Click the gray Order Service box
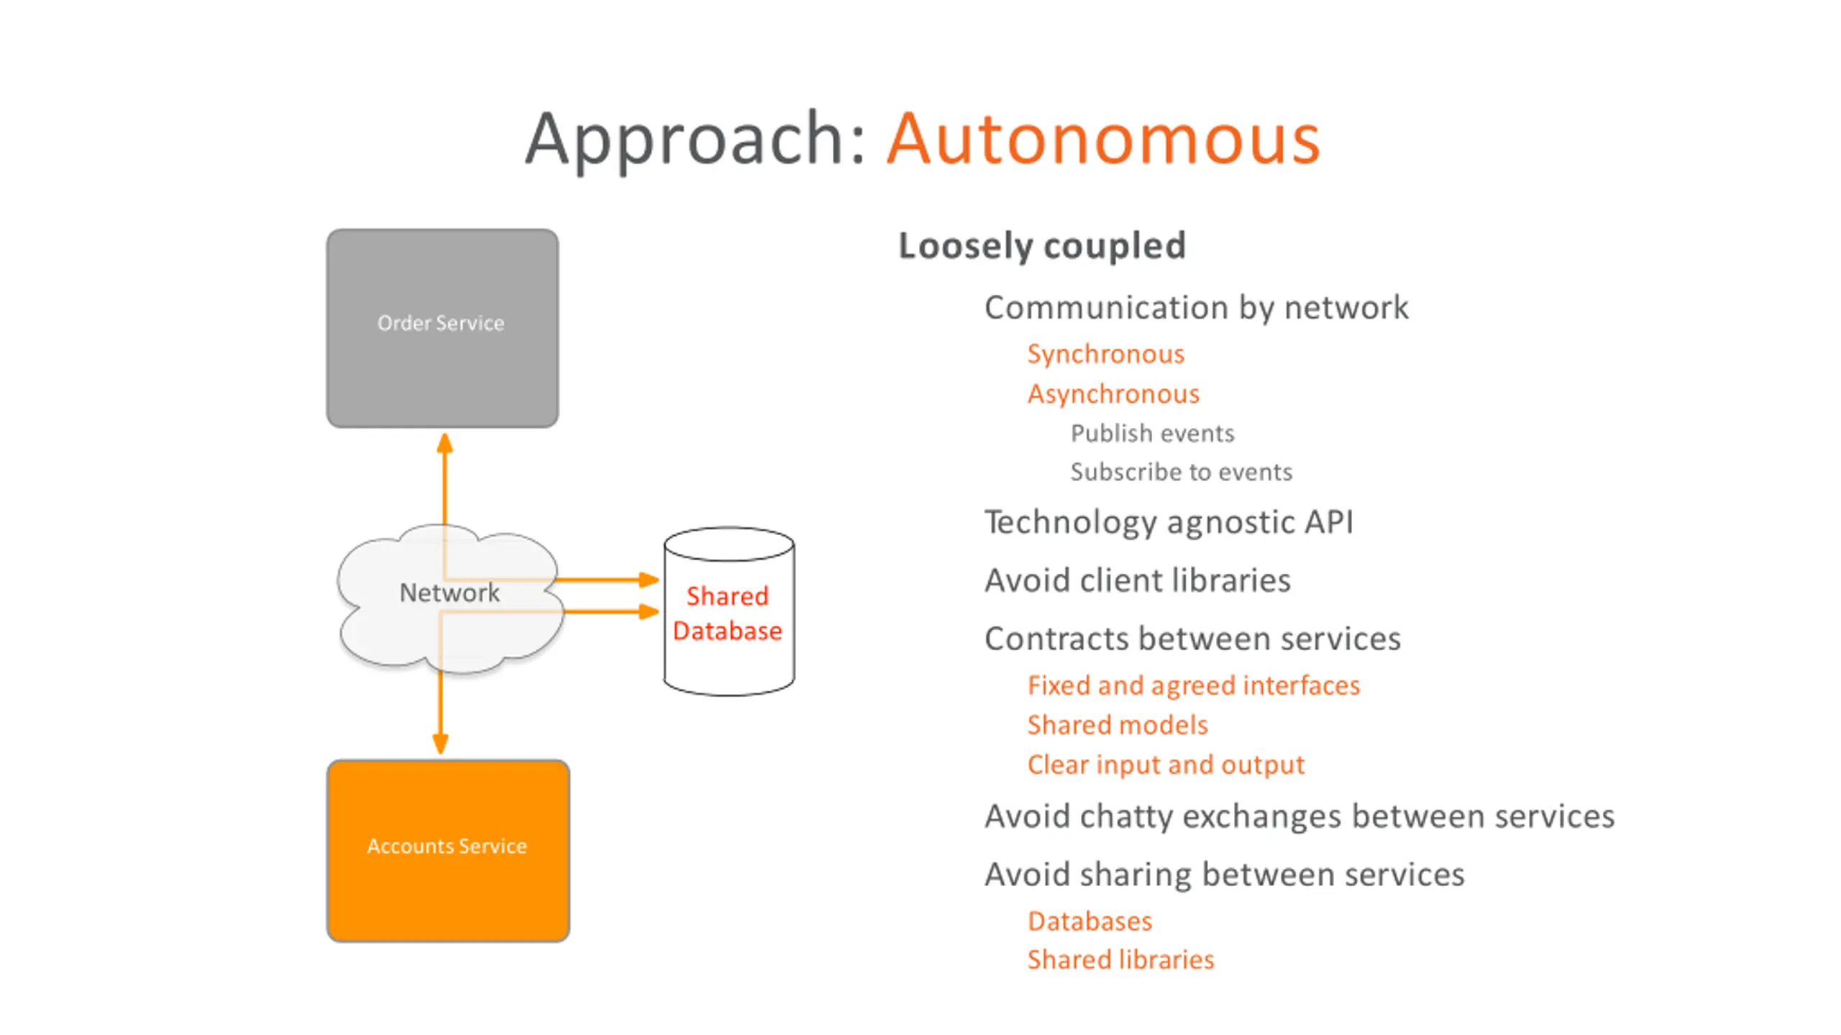coord(442,328)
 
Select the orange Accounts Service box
coord(448,850)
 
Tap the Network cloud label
coord(449,593)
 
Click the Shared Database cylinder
coord(728,611)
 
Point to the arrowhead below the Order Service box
coord(445,443)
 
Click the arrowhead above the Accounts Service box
coord(440,744)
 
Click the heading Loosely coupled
coord(1042,247)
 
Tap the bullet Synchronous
coord(1105,355)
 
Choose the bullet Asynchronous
coord(1113,394)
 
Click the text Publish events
coord(1152,433)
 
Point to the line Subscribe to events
coord(1181,472)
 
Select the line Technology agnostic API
coord(1169,523)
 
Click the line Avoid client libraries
coord(1138,580)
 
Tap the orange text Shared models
coord(1118,725)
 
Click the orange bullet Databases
coord(1089,921)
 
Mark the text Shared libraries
coord(1120,960)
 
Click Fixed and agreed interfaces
coord(1194,685)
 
